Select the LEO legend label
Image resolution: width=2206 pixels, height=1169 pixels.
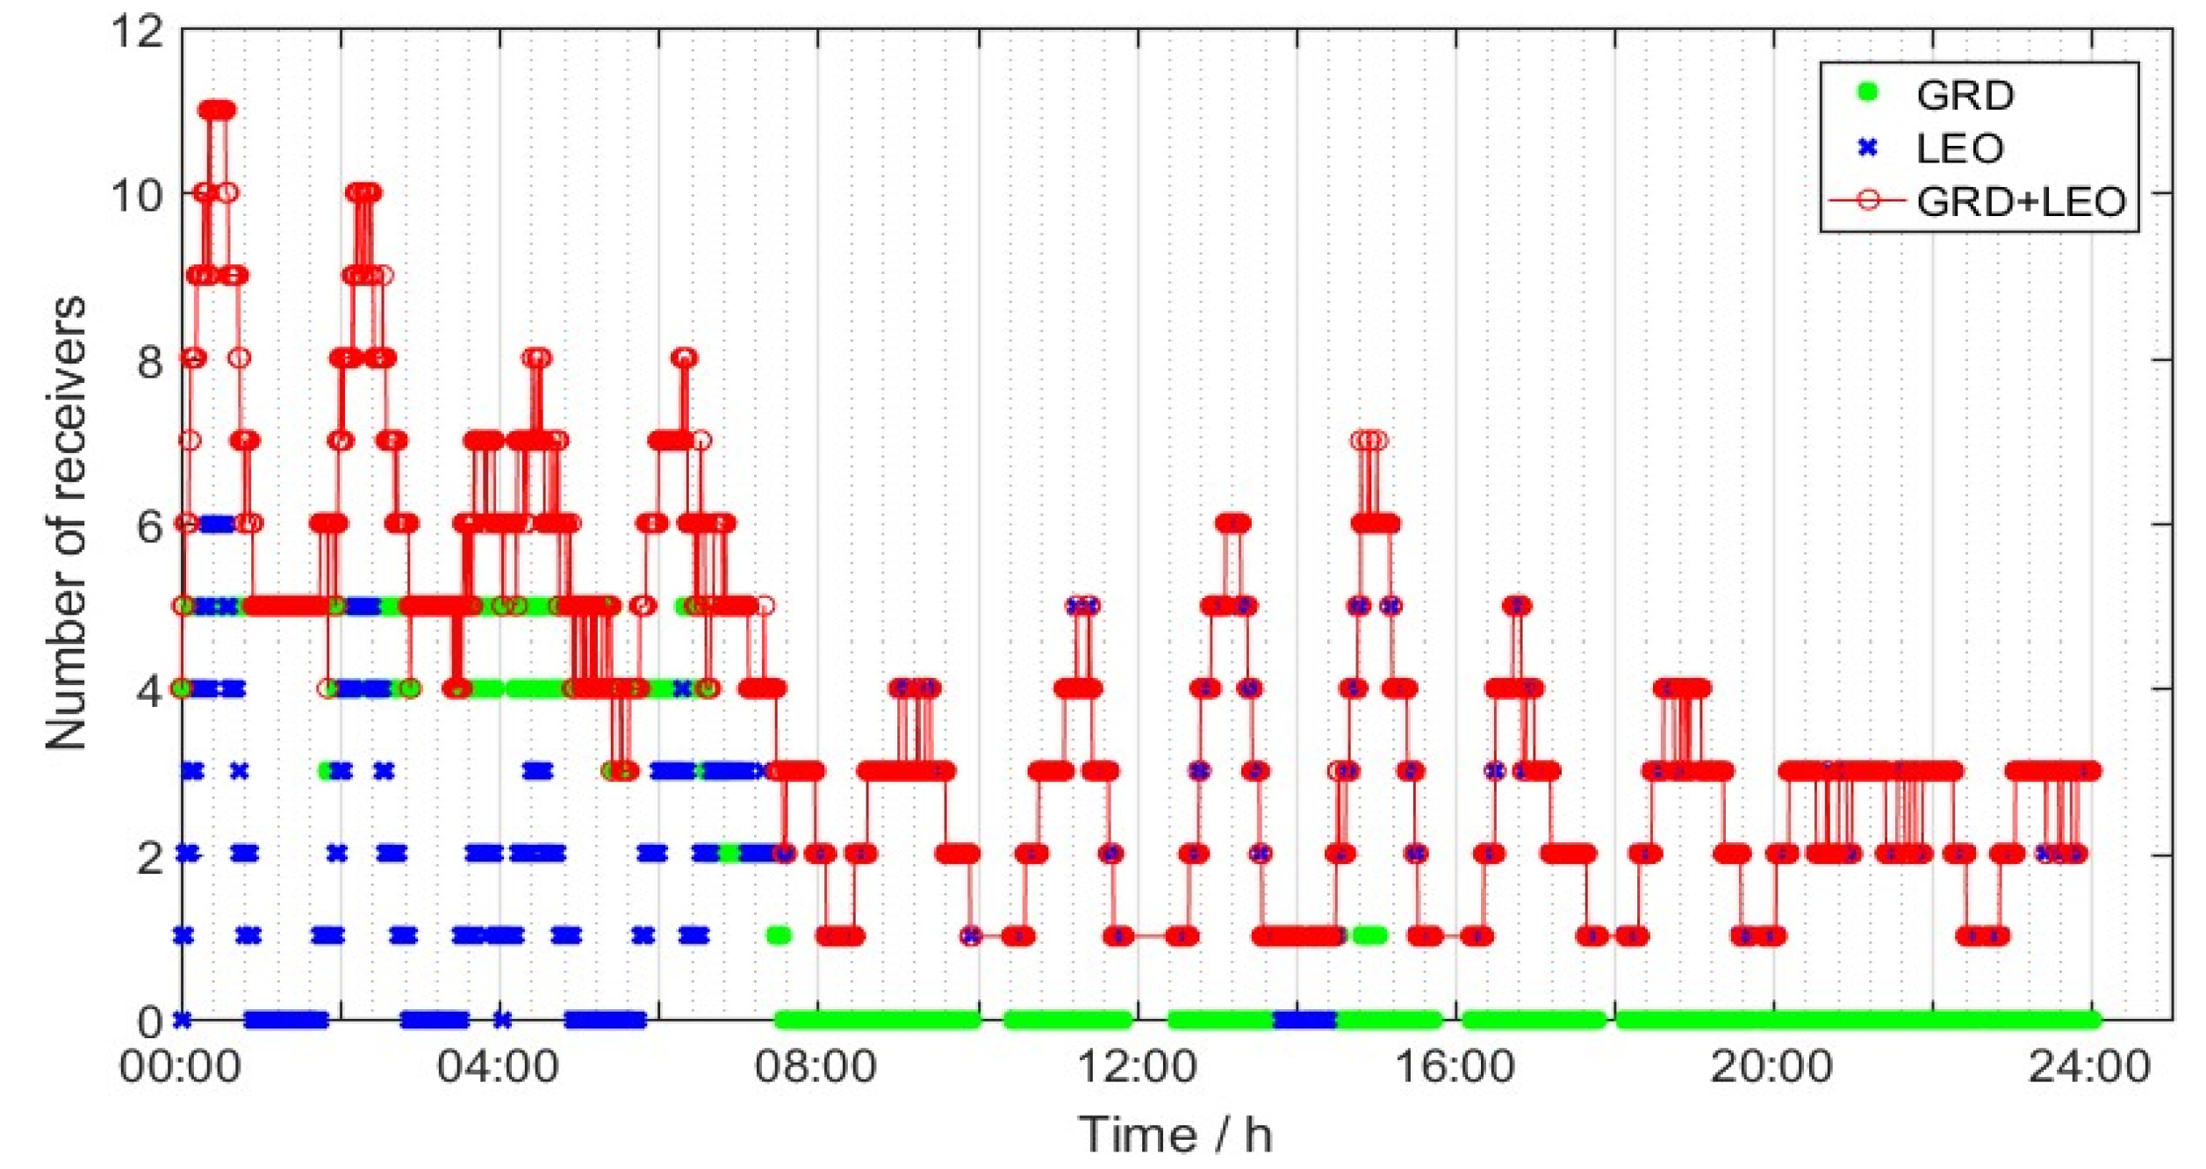(x=1959, y=148)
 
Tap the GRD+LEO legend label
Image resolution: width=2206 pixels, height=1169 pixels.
(x=2021, y=202)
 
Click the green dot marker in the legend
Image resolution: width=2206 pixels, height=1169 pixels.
(x=1868, y=92)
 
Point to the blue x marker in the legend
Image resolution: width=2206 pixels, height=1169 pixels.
(x=1868, y=148)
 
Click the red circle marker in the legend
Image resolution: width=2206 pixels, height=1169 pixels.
(x=1868, y=200)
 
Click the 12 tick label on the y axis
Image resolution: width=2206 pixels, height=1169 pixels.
(x=138, y=32)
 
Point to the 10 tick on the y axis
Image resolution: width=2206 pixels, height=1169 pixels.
(x=138, y=194)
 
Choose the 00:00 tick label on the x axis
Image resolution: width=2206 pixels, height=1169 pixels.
(x=180, y=1068)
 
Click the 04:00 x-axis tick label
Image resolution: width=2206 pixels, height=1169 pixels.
(x=498, y=1068)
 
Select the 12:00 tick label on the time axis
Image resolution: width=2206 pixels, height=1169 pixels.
(x=1136, y=1068)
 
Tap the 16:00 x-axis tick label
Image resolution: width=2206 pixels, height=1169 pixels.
(x=1455, y=1068)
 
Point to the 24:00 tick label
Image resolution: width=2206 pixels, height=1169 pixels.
(x=2089, y=1068)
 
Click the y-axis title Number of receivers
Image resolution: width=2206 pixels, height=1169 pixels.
(x=67, y=523)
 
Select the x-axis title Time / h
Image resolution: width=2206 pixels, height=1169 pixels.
(x=1175, y=1134)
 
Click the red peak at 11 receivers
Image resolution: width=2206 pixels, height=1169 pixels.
(x=217, y=110)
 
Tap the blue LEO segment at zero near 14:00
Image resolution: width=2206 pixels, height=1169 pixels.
(x=1304, y=1020)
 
